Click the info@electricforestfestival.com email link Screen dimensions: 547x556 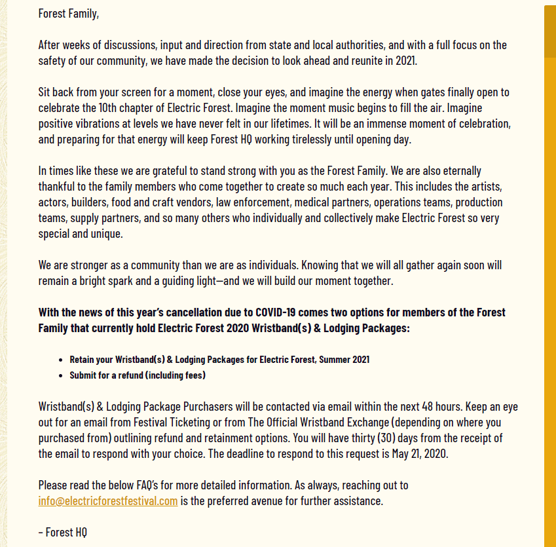tap(108, 501)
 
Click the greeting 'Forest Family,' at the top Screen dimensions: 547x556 tap(68, 13)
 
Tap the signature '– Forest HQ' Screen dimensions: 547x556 tap(62, 532)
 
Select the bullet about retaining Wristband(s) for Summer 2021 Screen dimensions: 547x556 tap(219, 360)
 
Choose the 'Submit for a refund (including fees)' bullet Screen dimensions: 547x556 tap(138, 375)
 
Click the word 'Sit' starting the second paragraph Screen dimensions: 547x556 tap(45, 92)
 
